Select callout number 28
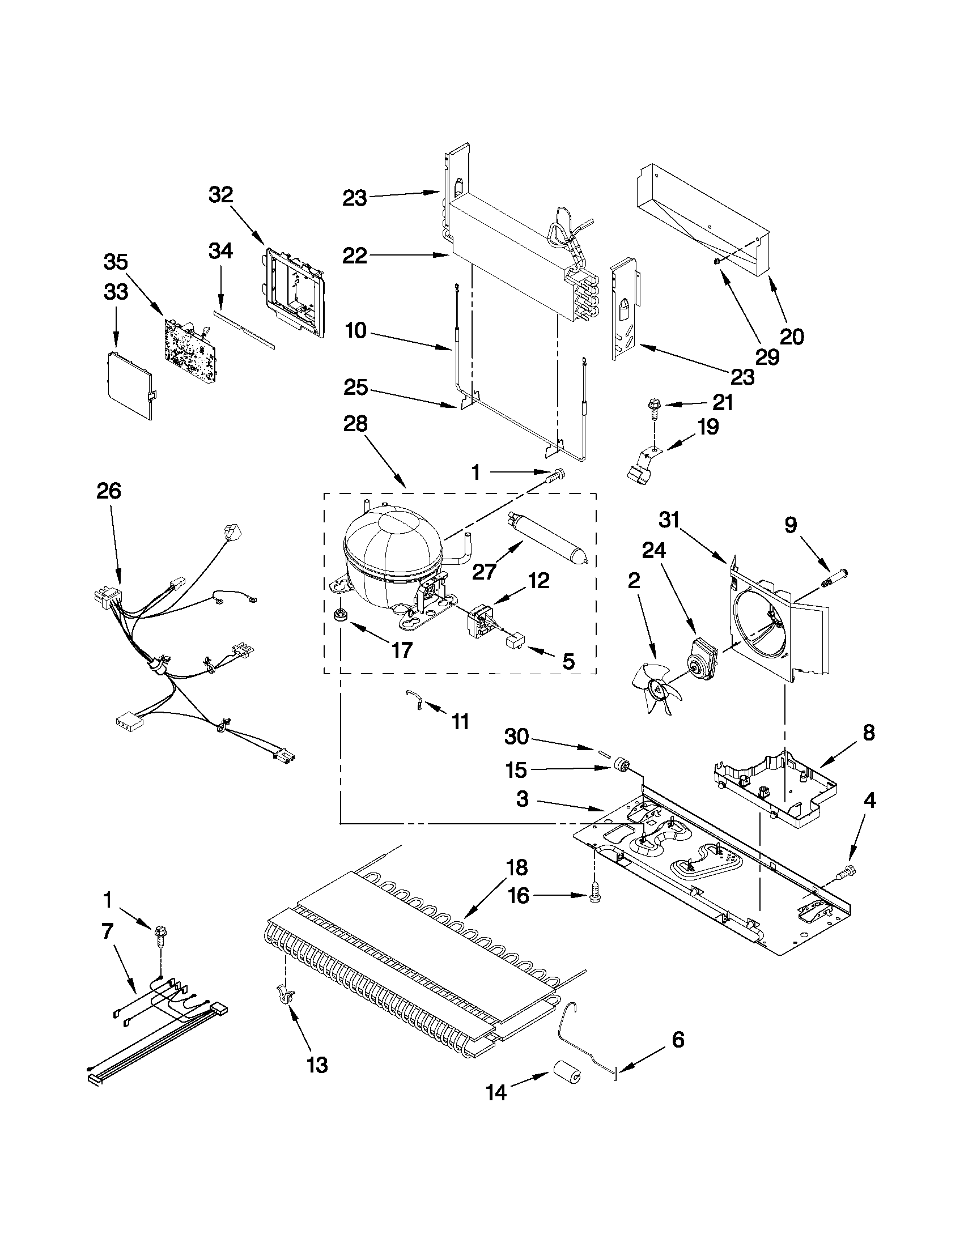356,425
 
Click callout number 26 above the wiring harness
108,491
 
